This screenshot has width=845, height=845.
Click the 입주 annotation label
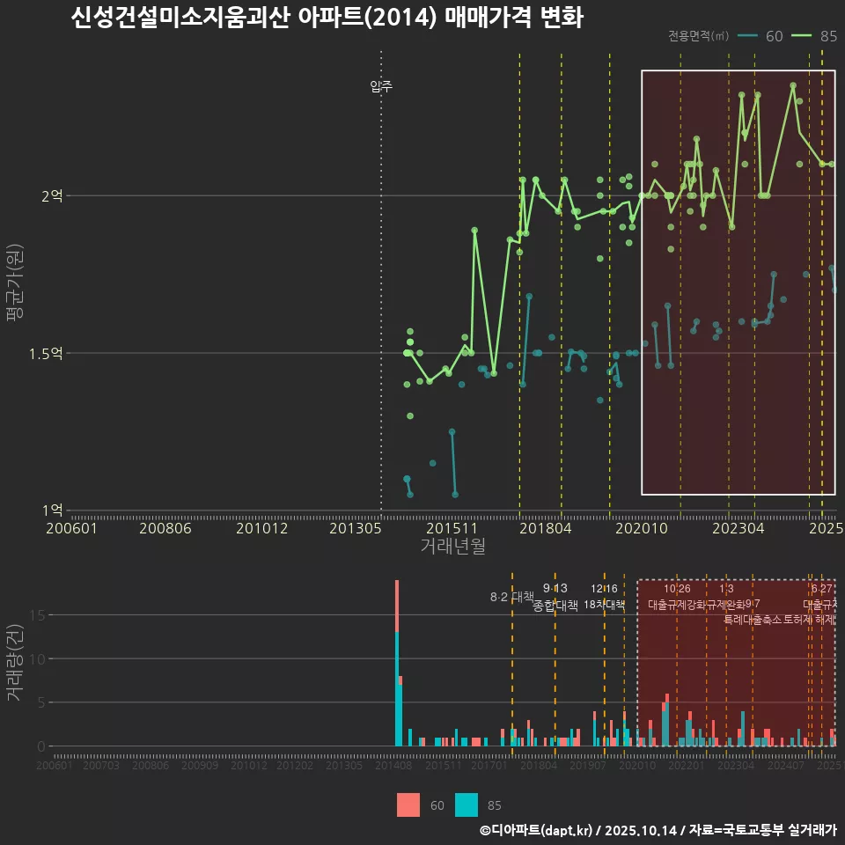coord(381,86)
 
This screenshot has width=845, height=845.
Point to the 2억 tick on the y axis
coord(52,196)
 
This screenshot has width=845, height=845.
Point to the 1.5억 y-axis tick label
coord(46,354)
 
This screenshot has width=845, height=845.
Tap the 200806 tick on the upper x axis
coord(167,528)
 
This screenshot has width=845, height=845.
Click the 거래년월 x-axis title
coord(452,546)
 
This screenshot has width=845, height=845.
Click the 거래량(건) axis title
coord(15,662)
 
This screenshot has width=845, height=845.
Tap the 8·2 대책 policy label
coord(512,597)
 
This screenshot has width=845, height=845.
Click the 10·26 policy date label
coord(677,588)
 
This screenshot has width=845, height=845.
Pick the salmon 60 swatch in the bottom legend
coord(408,805)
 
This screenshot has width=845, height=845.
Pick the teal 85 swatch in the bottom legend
coord(467,805)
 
